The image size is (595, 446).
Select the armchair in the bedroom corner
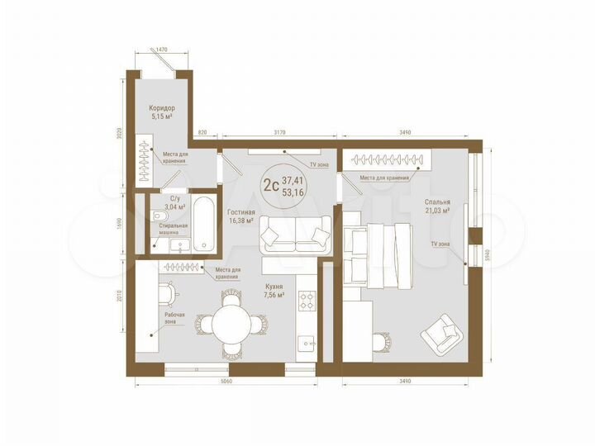[x=442, y=332]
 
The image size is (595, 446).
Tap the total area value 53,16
[x=292, y=192]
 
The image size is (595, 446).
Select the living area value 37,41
[x=292, y=180]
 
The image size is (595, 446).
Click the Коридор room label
[x=162, y=109]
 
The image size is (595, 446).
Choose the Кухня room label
[x=274, y=286]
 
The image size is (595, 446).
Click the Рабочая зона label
[x=174, y=319]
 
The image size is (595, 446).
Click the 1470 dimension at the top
[x=162, y=50]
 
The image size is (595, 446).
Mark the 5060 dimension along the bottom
[x=228, y=382]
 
